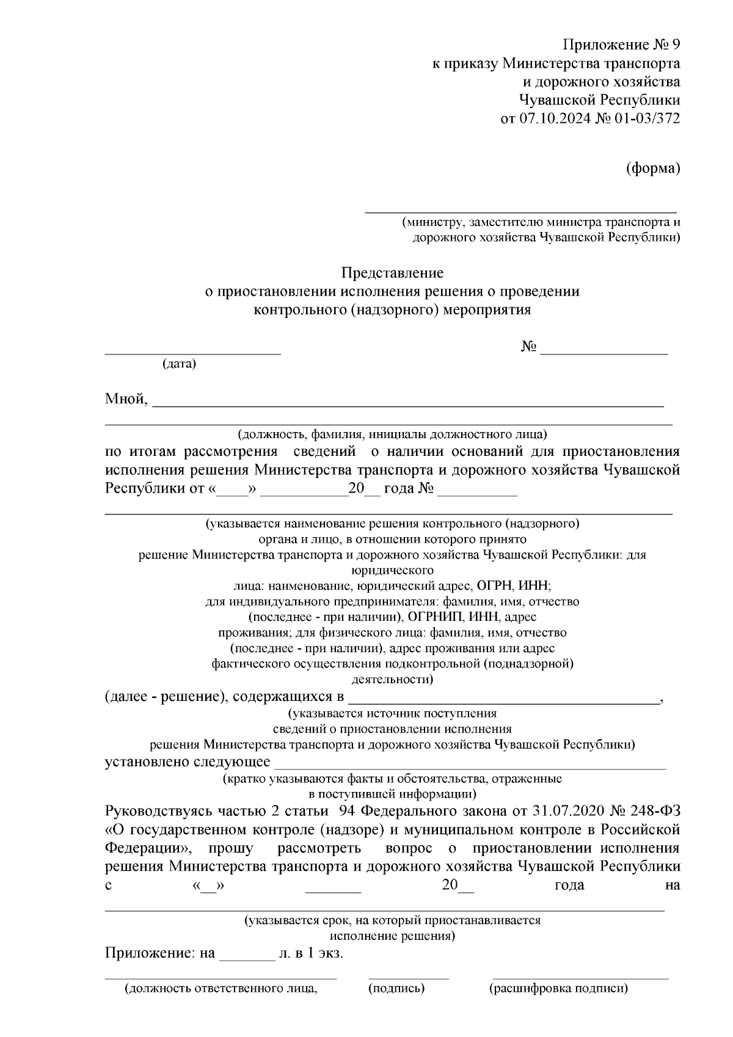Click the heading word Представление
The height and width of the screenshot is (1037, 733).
pyautogui.click(x=392, y=272)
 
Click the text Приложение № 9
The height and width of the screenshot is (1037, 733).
pyautogui.click(x=621, y=45)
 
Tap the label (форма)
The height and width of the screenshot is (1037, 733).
pyautogui.click(x=653, y=168)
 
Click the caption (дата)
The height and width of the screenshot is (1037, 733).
pyautogui.click(x=179, y=364)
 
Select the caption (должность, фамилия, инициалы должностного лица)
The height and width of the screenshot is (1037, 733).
pyautogui.click(x=392, y=435)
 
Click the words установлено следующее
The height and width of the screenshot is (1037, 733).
pyautogui.click(x=188, y=762)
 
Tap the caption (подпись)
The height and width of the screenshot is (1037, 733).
pyautogui.click(x=396, y=988)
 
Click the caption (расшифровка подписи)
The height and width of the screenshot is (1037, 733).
pyautogui.click(x=558, y=988)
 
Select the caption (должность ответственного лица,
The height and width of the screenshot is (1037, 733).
pyautogui.click(x=221, y=988)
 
